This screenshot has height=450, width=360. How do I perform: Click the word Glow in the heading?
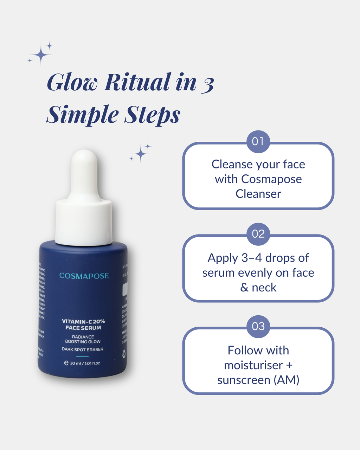click(x=72, y=83)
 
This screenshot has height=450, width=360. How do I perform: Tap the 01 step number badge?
click(x=258, y=142)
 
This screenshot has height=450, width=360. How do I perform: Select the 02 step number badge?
click(x=258, y=234)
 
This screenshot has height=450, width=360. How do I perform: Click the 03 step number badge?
click(x=258, y=327)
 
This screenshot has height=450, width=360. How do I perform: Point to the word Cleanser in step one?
click(x=258, y=194)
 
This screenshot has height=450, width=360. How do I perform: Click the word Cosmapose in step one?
click(x=271, y=179)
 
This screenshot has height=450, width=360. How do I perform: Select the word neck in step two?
click(x=264, y=288)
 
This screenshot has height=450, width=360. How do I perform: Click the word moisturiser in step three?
click(x=253, y=365)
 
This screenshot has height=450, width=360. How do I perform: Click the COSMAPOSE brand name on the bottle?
click(x=84, y=276)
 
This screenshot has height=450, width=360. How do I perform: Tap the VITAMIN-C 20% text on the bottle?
click(x=83, y=321)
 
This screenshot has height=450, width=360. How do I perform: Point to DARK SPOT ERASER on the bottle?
click(x=83, y=349)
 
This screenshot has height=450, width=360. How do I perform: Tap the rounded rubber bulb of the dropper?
click(x=84, y=172)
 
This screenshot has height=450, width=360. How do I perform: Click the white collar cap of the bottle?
click(x=84, y=221)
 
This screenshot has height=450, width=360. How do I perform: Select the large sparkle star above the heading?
click(x=40, y=55)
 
